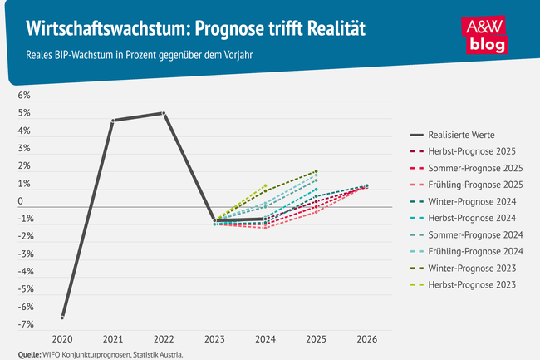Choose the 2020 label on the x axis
pos(62,339)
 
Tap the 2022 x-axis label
pos(164,339)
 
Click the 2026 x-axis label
pos(367,339)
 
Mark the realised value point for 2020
pos(62,317)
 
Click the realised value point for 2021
pos(113,121)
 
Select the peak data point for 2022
pos(164,113)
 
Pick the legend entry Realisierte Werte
pos(463,134)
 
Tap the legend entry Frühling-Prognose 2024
pos(474,251)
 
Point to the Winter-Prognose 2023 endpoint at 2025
pos(317,171)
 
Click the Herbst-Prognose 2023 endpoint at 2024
pos(265,186)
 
